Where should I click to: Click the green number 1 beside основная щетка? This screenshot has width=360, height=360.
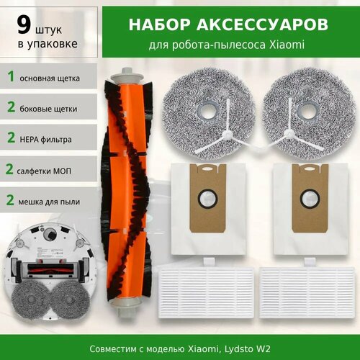point(10,76)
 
